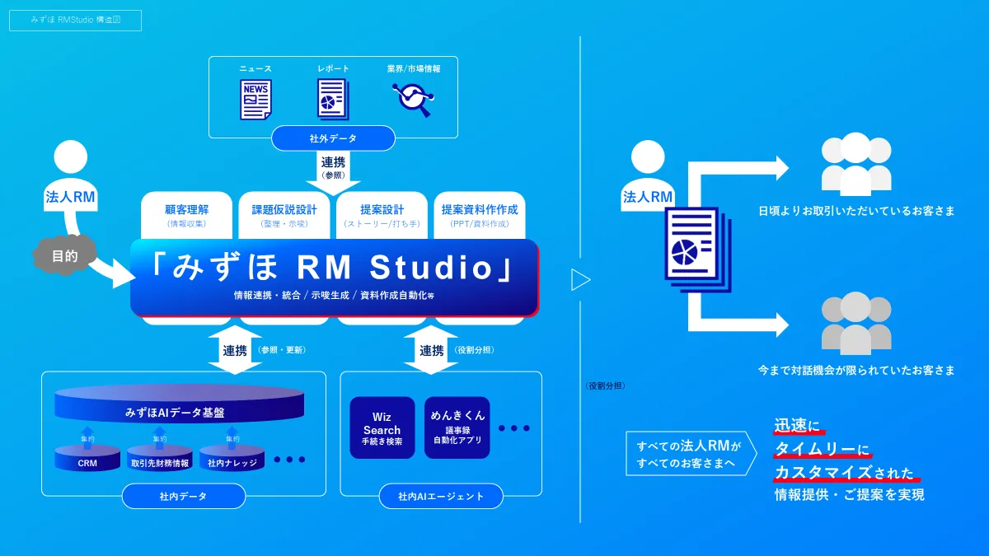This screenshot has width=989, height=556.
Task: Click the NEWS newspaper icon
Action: click(x=255, y=100)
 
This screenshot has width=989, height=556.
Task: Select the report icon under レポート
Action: click(x=333, y=100)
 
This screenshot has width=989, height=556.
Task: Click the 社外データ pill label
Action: click(x=333, y=138)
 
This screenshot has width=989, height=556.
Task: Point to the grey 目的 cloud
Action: click(x=64, y=256)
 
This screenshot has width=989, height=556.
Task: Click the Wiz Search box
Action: click(x=382, y=428)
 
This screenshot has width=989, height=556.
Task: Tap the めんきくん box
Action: click(x=457, y=428)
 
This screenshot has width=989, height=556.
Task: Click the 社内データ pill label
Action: click(x=183, y=496)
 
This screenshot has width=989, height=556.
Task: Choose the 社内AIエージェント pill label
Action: click(x=441, y=496)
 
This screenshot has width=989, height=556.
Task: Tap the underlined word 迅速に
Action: click(x=798, y=427)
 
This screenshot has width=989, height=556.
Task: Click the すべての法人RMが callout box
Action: click(x=689, y=453)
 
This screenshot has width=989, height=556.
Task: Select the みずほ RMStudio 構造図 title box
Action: click(x=75, y=20)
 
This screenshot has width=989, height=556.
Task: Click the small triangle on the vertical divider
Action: click(x=580, y=280)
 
